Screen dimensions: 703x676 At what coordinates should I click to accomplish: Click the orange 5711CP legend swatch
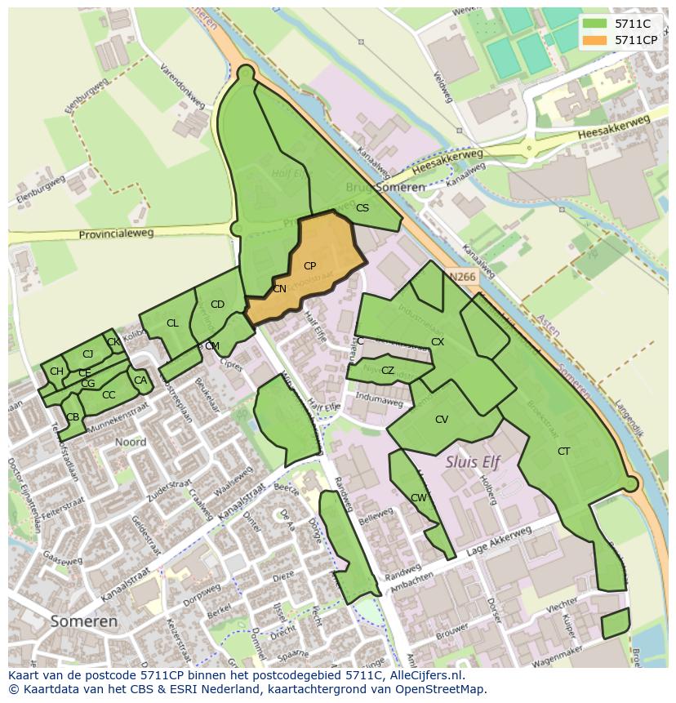pyautogui.click(x=596, y=39)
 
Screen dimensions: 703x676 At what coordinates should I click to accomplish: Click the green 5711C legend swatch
pyautogui.click(x=596, y=24)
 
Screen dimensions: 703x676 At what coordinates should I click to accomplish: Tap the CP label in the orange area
pyautogui.click(x=309, y=266)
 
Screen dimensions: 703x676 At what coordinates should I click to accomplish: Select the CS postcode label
pyautogui.click(x=362, y=208)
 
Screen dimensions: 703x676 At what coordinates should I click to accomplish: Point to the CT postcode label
pyautogui.click(x=563, y=452)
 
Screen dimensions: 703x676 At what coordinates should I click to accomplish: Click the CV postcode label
pyautogui.click(x=441, y=420)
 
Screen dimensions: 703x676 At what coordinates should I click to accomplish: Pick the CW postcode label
pyautogui.click(x=418, y=498)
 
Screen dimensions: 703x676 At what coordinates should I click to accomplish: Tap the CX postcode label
pyautogui.click(x=438, y=342)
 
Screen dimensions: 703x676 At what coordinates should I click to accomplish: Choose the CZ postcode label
pyautogui.click(x=388, y=371)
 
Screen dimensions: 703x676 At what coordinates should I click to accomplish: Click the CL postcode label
pyautogui.click(x=172, y=323)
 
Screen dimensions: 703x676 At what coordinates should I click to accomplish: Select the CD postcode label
pyautogui.click(x=217, y=305)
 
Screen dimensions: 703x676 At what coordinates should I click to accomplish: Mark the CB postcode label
pyautogui.click(x=73, y=417)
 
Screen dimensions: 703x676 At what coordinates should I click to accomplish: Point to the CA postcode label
pyautogui.click(x=140, y=380)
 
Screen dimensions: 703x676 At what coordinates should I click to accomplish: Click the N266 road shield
pyautogui.click(x=462, y=277)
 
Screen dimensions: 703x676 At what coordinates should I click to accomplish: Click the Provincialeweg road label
pyautogui.click(x=116, y=234)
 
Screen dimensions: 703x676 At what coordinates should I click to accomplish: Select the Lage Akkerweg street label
pyautogui.click(x=499, y=542)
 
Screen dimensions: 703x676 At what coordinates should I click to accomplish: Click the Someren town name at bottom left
pyautogui.click(x=83, y=621)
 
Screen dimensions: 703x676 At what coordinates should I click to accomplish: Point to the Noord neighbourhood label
pyautogui.click(x=131, y=443)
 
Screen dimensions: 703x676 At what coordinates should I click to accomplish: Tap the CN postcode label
pyautogui.click(x=279, y=289)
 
